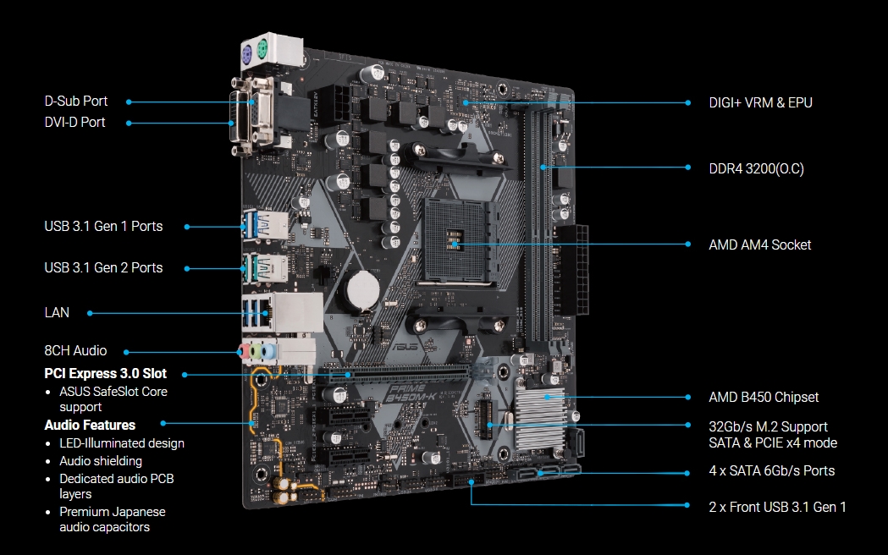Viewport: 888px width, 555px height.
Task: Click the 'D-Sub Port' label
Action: point(76,102)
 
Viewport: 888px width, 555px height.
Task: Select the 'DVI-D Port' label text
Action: point(74,122)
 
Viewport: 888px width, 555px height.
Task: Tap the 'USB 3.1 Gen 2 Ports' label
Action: point(103,267)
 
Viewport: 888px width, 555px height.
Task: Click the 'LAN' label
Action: point(57,312)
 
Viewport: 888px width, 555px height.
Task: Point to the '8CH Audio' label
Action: point(75,351)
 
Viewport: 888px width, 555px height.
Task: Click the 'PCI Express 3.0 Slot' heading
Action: point(105,373)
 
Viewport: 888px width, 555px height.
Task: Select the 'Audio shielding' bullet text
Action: point(101,461)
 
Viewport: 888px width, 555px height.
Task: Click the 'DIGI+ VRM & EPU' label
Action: point(760,102)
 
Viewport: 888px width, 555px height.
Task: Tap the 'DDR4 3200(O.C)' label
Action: point(756,168)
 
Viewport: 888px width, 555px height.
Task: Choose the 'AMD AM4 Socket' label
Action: point(759,245)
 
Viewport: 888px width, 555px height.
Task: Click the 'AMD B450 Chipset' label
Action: point(764,397)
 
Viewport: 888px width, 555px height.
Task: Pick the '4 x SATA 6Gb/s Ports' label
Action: point(771,470)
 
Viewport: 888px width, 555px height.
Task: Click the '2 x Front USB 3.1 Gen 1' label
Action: point(777,507)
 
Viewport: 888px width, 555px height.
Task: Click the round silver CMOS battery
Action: point(363,289)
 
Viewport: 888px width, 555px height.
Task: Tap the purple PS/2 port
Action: point(247,55)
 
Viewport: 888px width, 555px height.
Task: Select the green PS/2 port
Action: point(262,50)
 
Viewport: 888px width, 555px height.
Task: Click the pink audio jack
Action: point(245,351)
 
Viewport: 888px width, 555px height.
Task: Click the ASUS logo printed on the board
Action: point(406,344)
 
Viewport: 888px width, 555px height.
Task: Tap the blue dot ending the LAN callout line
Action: point(90,313)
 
